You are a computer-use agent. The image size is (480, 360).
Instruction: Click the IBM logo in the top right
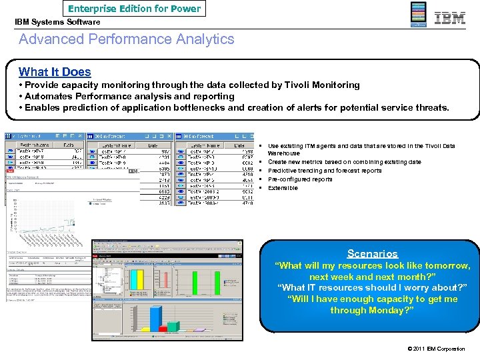pos(450,18)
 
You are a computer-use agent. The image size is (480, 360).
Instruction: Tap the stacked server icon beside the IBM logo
pos(418,15)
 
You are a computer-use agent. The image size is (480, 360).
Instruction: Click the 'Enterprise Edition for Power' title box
pos(134,9)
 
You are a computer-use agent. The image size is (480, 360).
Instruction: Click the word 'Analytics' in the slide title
pos(202,39)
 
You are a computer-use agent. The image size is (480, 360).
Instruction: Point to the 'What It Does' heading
pos(55,72)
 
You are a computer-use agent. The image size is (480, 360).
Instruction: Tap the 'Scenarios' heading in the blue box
pos(373,254)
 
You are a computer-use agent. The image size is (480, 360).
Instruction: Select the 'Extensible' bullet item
pos(283,188)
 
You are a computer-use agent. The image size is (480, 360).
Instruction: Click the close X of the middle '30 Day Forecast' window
pos(171,136)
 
